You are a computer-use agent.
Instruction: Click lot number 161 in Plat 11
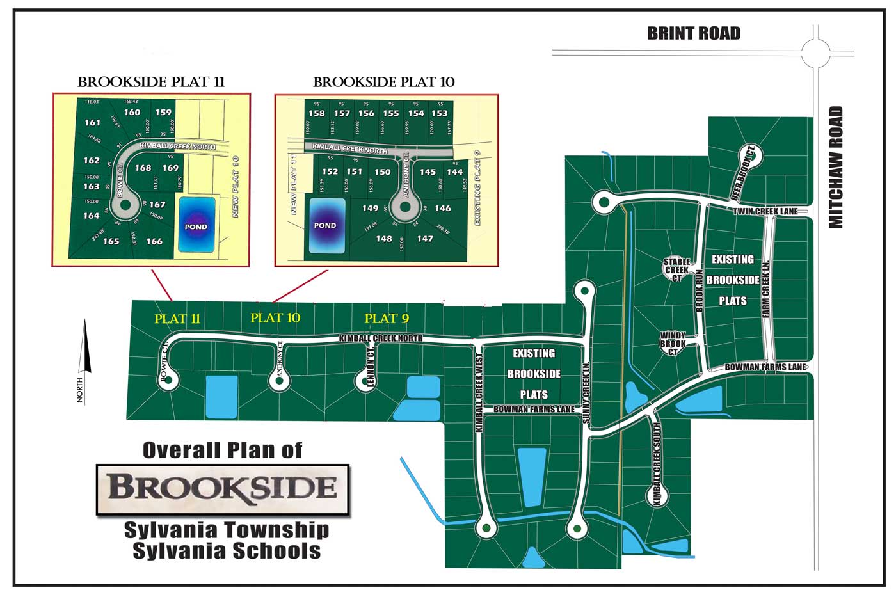pos(92,122)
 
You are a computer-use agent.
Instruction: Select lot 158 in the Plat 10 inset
pos(316,113)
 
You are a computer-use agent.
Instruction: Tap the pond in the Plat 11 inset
pos(196,227)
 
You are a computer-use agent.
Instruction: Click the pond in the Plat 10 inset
pos(326,225)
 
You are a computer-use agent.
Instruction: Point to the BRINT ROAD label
pos(694,33)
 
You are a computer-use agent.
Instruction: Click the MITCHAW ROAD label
pos(836,167)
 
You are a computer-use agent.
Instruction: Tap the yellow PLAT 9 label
pos(387,318)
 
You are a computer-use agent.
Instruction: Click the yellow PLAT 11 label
pos(177,319)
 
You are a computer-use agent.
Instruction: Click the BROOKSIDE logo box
pos(223,489)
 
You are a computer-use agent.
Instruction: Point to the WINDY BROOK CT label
pos(673,344)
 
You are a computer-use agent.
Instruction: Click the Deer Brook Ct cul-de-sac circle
pos(747,154)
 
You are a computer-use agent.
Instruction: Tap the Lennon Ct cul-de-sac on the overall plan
pos(365,380)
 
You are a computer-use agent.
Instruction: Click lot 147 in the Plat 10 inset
pos(425,239)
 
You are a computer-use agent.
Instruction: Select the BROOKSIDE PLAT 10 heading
pos(384,82)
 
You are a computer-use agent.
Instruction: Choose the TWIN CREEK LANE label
pos(765,212)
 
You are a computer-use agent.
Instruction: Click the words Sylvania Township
pos(227,530)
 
